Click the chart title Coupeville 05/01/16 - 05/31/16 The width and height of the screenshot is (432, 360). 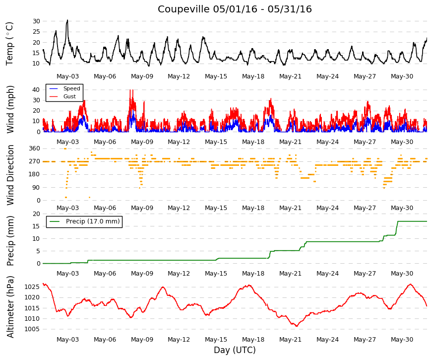pyautogui.click(x=235, y=9)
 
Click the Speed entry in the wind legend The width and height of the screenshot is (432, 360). pyautogui.click(x=71, y=88)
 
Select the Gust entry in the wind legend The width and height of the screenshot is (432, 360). pyautogui.click(x=69, y=96)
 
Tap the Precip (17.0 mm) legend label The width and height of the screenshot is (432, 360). pyautogui.click(x=93, y=221)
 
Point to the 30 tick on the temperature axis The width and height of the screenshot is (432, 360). pyautogui.click(x=36, y=21)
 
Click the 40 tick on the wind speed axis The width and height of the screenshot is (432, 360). pyautogui.click(x=36, y=90)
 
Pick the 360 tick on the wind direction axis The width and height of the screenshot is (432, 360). pyautogui.click(x=35, y=148)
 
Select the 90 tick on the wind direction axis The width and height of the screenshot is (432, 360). pyautogui.click(x=36, y=188)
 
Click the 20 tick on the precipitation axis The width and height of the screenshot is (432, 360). pyautogui.click(x=36, y=214)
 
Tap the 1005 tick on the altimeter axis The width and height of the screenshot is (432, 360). pyautogui.click(x=32, y=329)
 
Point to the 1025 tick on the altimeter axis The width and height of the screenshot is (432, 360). pyautogui.click(x=32, y=287)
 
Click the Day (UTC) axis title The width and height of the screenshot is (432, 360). pyautogui.click(x=235, y=350)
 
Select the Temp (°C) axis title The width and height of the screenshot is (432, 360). pyautogui.click(x=9, y=44)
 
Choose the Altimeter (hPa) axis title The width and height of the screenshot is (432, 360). pyautogui.click(x=10, y=307)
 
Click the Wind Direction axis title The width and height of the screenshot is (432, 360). pyautogui.click(x=10, y=175)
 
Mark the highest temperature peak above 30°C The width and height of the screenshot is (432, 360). pyautogui.click(x=67, y=20)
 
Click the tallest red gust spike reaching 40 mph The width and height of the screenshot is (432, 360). pyautogui.click(x=131, y=90)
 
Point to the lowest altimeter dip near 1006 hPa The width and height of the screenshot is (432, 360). pyautogui.click(x=297, y=326)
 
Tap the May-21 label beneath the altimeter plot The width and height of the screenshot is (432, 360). pyautogui.click(x=290, y=340)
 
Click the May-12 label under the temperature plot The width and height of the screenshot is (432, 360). pyautogui.click(x=179, y=76)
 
